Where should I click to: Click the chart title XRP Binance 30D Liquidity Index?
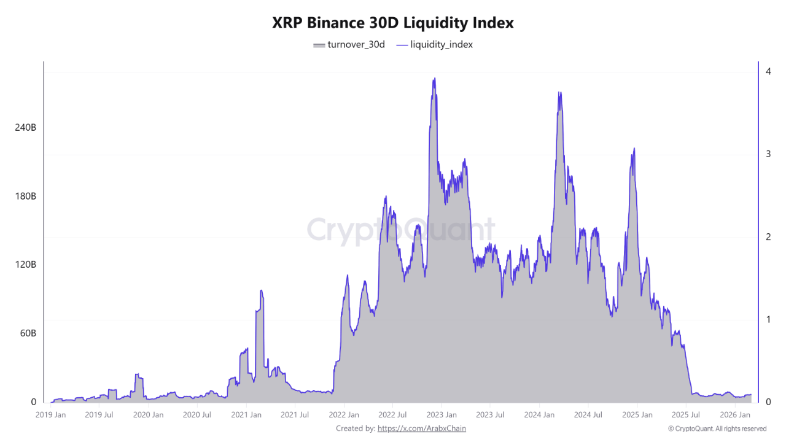pyautogui.click(x=393, y=23)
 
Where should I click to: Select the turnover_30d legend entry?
pyautogui.click(x=349, y=44)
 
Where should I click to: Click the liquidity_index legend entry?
pyautogui.click(x=435, y=44)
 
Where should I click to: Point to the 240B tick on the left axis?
pyautogui.click(x=25, y=128)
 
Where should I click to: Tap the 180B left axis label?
pyautogui.click(x=25, y=196)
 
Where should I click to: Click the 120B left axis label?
pyautogui.click(x=25, y=265)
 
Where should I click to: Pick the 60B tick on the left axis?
pyautogui.click(x=27, y=333)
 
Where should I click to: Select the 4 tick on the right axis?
pyautogui.click(x=768, y=71)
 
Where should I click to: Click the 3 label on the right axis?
pyautogui.click(x=768, y=154)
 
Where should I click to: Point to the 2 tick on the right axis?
pyautogui.click(x=768, y=237)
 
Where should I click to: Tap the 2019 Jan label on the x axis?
pyautogui.click(x=50, y=415)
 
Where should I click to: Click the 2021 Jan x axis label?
pyautogui.click(x=246, y=415)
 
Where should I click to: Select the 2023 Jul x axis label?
pyautogui.click(x=490, y=415)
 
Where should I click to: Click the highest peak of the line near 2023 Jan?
pyautogui.click(x=434, y=79)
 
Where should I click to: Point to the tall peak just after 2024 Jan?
pyautogui.click(x=559, y=93)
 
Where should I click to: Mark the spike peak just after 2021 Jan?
pyautogui.click(x=261, y=290)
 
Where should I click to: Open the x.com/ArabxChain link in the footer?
pyautogui.click(x=422, y=428)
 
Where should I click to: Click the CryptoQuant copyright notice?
pyautogui.click(x=717, y=428)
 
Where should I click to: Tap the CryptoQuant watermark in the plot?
pyautogui.click(x=400, y=230)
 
